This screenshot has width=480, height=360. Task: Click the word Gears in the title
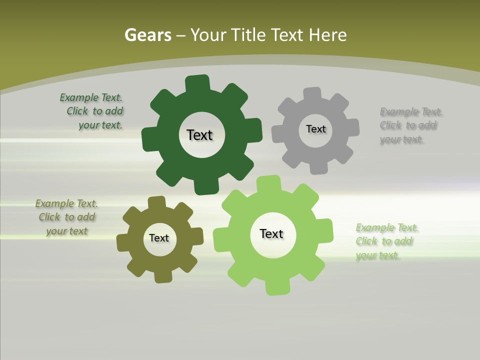pyautogui.click(x=147, y=35)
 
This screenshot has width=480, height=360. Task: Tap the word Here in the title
pyautogui.click(x=327, y=35)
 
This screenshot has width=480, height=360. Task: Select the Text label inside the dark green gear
pyautogui.click(x=199, y=135)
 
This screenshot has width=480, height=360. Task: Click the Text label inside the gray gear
pyautogui.click(x=315, y=129)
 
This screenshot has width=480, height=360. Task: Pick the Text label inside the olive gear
pyautogui.click(x=159, y=238)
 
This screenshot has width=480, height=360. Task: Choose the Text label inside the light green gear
pyautogui.click(x=271, y=234)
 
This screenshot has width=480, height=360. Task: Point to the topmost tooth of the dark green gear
pyautogui.click(x=197, y=83)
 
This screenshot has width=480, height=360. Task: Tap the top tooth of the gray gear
pyautogui.click(x=311, y=93)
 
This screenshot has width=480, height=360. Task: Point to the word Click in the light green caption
pyautogui.click(x=367, y=241)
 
